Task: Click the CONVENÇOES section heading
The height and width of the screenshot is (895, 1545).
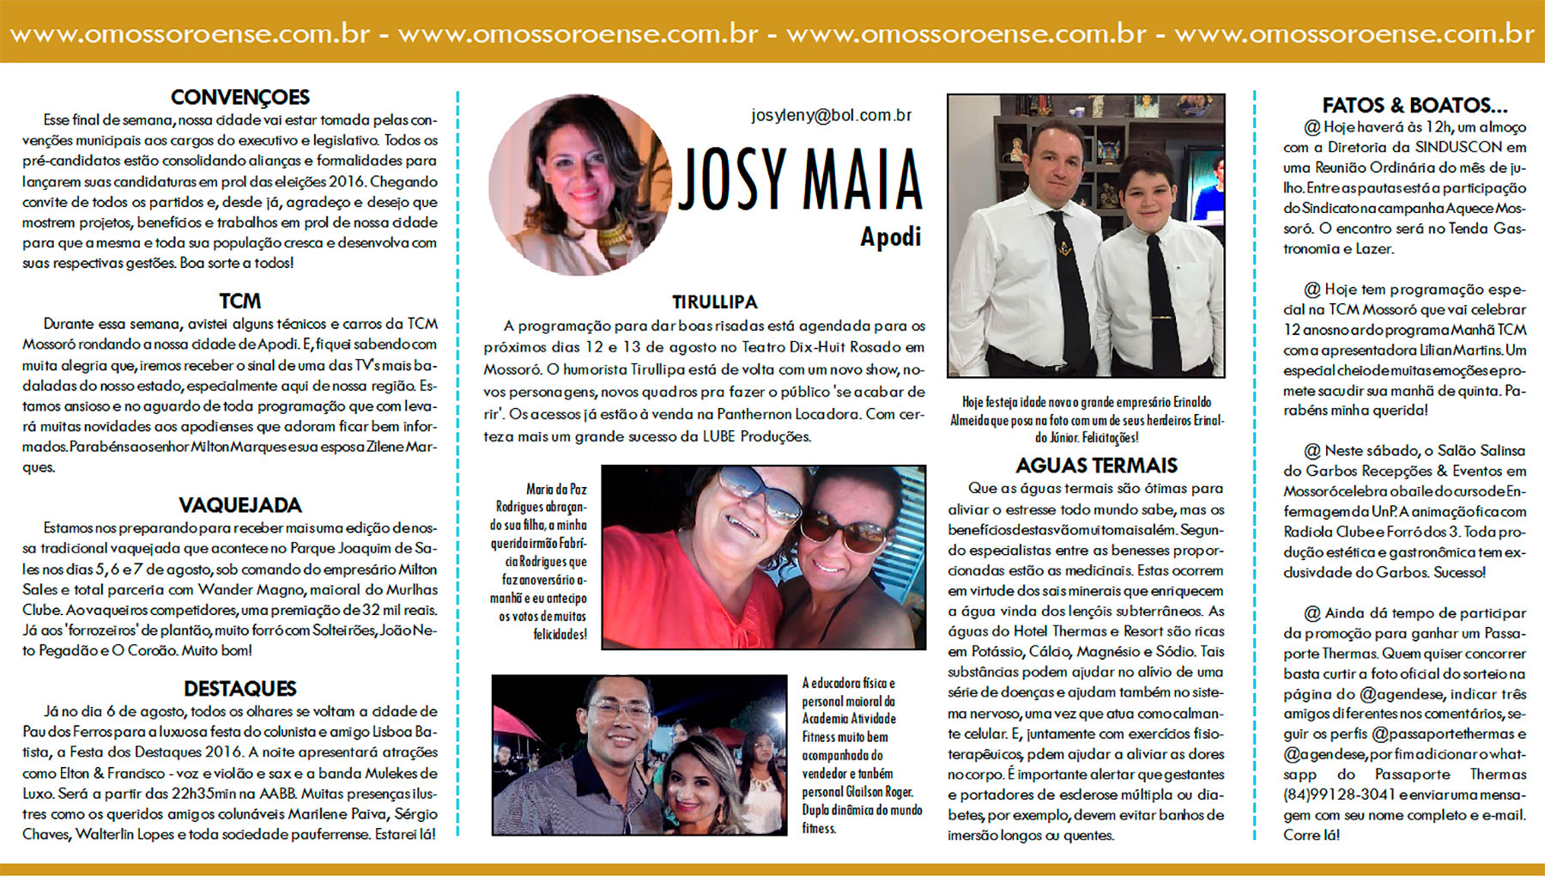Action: click(x=239, y=97)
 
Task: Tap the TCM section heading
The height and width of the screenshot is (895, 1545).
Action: click(x=239, y=301)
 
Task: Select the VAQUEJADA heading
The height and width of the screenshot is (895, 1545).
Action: click(x=239, y=505)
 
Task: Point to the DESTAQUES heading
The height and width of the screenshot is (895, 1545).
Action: click(x=239, y=688)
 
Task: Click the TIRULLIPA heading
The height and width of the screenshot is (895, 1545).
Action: click(x=714, y=302)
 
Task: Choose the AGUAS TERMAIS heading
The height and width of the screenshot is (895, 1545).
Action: click(x=1096, y=466)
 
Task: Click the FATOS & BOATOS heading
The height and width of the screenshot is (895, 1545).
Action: click(x=1414, y=106)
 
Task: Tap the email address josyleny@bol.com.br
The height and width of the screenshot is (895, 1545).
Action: click(x=831, y=115)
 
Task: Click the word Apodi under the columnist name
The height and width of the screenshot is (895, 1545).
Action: click(x=890, y=236)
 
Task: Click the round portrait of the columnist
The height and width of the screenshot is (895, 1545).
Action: click(x=580, y=185)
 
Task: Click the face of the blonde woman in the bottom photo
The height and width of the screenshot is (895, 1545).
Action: click(x=699, y=777)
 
